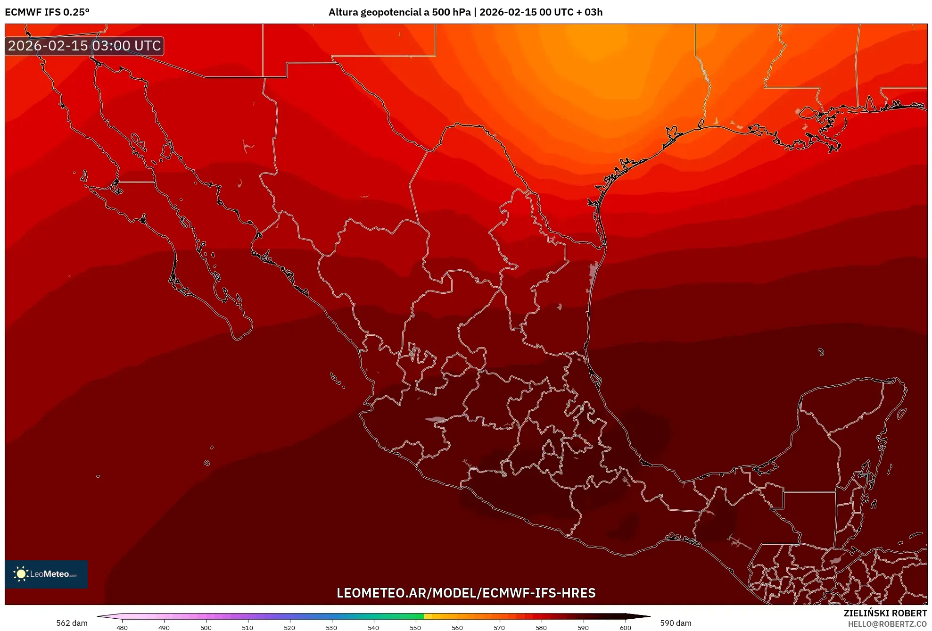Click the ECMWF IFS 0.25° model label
47,12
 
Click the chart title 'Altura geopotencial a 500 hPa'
399,12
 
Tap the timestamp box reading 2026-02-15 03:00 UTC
84,46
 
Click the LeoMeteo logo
46,574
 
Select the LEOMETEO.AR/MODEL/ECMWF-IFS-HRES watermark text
466,593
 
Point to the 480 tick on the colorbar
122,627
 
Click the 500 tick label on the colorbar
206,627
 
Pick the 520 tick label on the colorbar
289,627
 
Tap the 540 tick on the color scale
373,627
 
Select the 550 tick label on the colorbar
415,627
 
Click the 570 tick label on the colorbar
499,627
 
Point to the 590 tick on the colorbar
583,627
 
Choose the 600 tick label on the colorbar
625,627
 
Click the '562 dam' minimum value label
72,623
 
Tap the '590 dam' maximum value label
676,623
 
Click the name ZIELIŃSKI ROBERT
885,613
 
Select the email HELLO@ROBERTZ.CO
887,624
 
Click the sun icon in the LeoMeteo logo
21,574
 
